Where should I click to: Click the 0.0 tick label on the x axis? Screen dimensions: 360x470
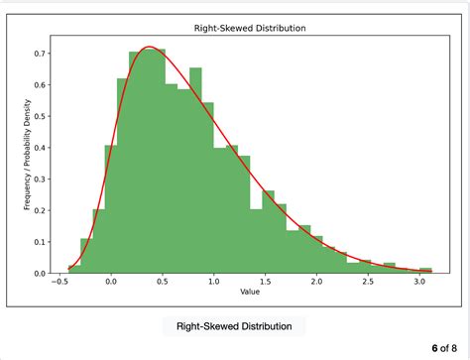[x=111, y=282]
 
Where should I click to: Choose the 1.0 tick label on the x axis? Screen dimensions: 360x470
[x=213, y=282]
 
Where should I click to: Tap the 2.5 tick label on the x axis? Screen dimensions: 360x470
[x=367, y=282]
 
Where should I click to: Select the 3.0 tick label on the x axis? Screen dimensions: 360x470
[x=417, y=282]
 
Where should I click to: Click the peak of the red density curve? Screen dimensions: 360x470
[x=148, y=47]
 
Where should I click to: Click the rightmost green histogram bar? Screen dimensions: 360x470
[x=425, y=270]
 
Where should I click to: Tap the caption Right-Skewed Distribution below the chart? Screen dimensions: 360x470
[x=234, y=325]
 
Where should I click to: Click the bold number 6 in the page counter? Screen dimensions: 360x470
[x=435, y=348]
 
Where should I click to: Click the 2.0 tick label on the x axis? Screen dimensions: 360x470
[x=315, y=282]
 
